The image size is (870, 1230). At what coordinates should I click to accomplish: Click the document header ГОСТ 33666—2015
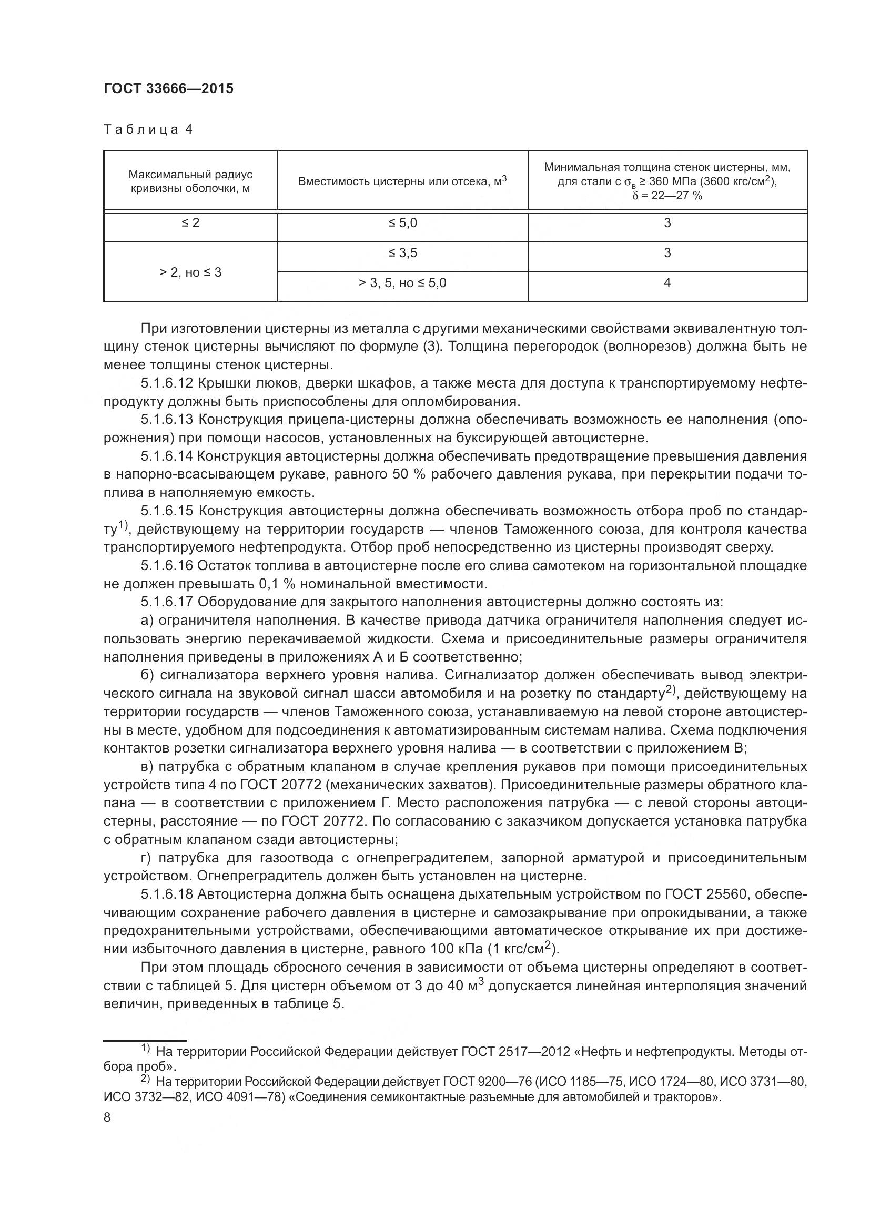[x=168, y=88]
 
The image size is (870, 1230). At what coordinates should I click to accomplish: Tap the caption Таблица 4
[x=147, y=129]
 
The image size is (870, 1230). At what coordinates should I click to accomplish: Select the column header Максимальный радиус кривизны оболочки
[x=190, y=181]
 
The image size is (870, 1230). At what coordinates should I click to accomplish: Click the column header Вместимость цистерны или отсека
[x=402, y=181]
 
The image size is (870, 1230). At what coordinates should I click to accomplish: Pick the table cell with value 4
[x=667, y=282]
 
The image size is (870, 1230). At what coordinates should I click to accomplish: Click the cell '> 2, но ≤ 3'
[x=190, y=272]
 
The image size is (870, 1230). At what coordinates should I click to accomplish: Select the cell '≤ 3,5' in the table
[x=402, y=252]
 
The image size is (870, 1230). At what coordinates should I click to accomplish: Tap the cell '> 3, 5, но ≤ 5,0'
[x=402, y=282]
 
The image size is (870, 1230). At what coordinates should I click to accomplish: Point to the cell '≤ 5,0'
[x=402, y=222]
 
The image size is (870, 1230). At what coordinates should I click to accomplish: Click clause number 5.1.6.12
[x=167, y=383]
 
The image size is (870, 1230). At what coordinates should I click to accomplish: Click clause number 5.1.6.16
[x=167, y=566]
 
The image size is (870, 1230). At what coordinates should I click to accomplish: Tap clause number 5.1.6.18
[x=167, y=894]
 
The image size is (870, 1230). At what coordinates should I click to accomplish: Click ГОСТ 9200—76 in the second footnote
[x=488, y=1082]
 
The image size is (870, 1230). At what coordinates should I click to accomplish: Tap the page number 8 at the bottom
[x=107, y=1117]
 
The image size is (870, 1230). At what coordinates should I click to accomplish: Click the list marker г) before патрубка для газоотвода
[x=147, y=858]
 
